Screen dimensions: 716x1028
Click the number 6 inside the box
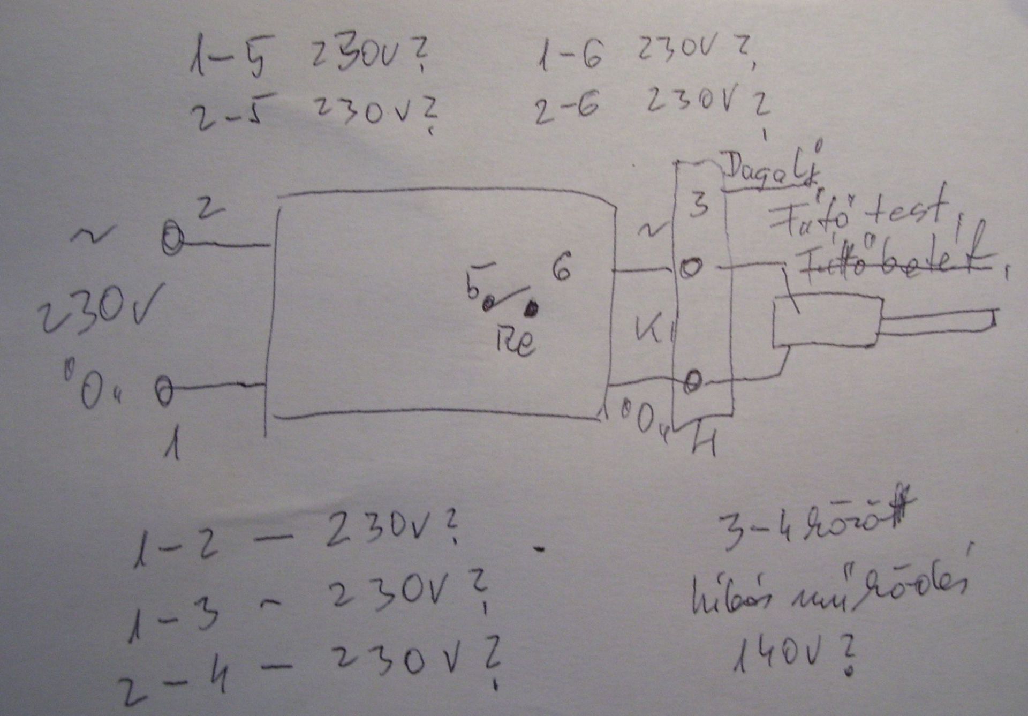[561, 268]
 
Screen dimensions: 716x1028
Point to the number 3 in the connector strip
[698, 205]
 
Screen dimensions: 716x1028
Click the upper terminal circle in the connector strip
[690, 267]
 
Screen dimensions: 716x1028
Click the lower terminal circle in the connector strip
[693, 381]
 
